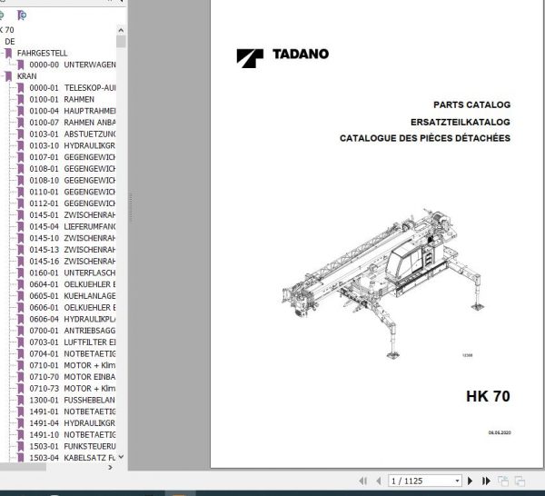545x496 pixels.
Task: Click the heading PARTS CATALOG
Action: pos(472,105)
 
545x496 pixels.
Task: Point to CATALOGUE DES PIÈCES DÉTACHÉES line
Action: pos(425,138)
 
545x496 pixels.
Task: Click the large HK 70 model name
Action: pos(487,396)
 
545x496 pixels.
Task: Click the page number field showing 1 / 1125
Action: pos(424,481)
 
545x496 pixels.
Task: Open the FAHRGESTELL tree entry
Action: pos(42,54)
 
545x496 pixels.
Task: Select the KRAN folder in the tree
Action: pos(26,76)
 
